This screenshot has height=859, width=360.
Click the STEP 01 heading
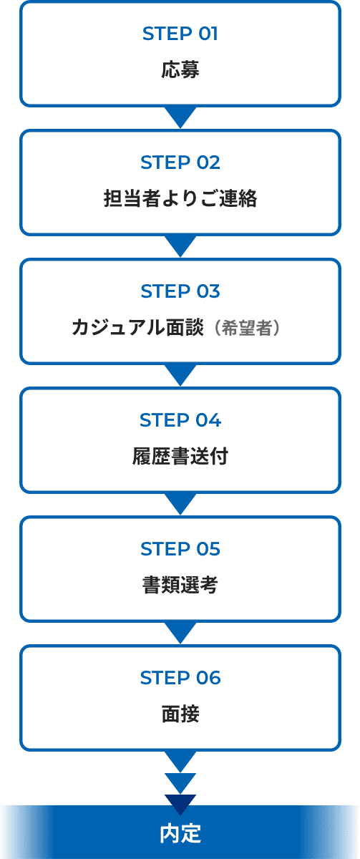(x=180, y=34)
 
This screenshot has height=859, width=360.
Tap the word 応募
(x=180, y=69)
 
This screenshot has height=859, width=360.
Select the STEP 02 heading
(x=180, y=162)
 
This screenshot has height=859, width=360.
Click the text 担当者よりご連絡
(x=180, y=198)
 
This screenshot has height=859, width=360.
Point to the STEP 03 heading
(x=180, y=291)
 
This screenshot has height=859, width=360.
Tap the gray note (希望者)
(x=247, y=328)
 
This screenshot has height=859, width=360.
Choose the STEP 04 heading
(x=180, y=420)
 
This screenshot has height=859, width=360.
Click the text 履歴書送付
(x=180, y=456)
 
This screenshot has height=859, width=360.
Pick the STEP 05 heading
(x=180, y=549)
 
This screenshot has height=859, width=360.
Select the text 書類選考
(x=180, y=585)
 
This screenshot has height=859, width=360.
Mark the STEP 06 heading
(x=180, y=678)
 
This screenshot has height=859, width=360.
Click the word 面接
(x=180, y=714)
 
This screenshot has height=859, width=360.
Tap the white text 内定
(x=180, y=833)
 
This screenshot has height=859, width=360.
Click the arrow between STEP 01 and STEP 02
(x=180, y=116)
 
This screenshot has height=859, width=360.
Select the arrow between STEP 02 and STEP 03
(x=180, y=245)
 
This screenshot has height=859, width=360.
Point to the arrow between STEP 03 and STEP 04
(x=180, y=374)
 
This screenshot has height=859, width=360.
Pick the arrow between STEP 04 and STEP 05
(x=180, y=503)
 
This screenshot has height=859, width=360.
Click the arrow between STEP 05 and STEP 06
(x=180, y=631)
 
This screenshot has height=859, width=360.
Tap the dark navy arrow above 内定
(x=180, y=802)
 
